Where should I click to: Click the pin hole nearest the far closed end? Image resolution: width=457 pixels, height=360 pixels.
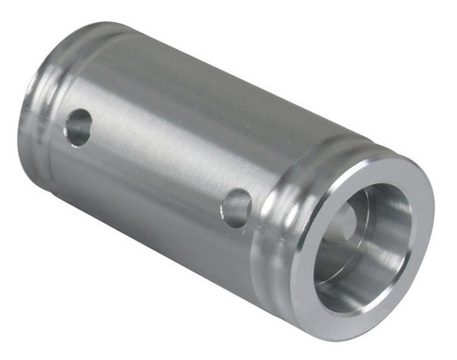(78, 127)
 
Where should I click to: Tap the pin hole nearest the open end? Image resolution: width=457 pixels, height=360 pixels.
(237, 208)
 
